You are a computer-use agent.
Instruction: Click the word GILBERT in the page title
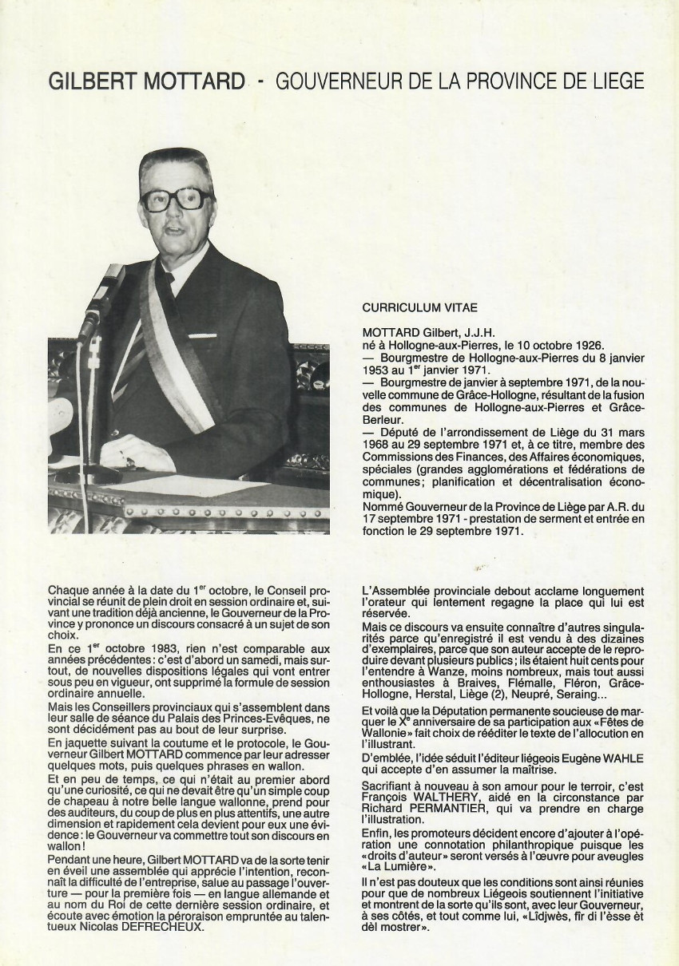(89, 82)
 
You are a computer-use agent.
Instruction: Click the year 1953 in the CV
(378, 370)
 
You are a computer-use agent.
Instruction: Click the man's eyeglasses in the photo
(177, 199)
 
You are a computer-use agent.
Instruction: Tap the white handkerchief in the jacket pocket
(201, 336)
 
